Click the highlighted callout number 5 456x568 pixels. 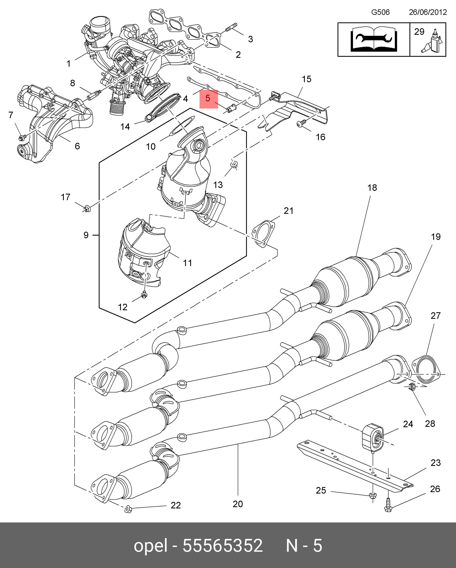click(208, 98)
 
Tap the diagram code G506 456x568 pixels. click(380, 12)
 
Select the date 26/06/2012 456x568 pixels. click(428, 12)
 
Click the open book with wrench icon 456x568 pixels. click(374, 39)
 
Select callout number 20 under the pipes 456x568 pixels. click(238, 504)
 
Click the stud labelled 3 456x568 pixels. click(231, 27)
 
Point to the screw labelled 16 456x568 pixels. click(301, 123)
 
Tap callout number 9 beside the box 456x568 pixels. click(86, 235)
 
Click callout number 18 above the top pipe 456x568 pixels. click(372, 188)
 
